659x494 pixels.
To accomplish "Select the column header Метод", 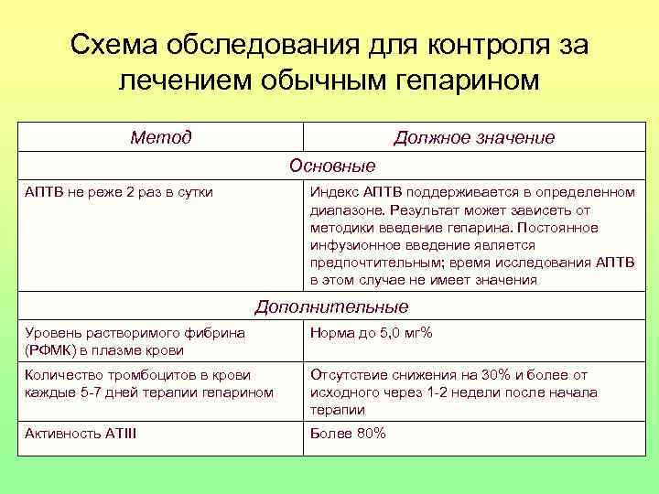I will (x=161, y=138).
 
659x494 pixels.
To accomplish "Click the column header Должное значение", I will (x=474, y=138).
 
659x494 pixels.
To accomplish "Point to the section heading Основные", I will (x=331, y=166).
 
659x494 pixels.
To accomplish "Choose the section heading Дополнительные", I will (x=331, y=307).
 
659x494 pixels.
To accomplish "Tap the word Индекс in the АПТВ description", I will (x=335, y=193).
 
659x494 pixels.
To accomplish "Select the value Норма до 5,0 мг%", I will (x=371, y=333).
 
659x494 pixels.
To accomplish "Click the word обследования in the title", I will (x=266, y=45).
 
